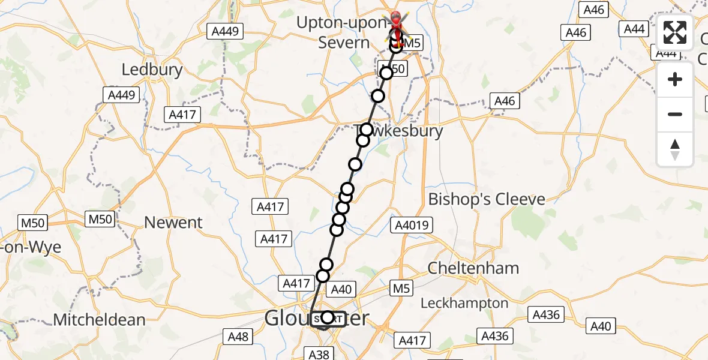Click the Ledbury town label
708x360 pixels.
click(x=152, y=70)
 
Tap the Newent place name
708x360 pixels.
click(x=173, y=223)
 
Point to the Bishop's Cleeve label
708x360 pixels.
click(x=487, y=199)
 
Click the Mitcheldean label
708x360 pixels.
click(x=99, y=320)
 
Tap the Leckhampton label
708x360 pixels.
click(x=464, y=304)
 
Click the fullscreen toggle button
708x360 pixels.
click(x=675, y=33)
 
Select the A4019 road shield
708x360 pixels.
click(x=411, y=226)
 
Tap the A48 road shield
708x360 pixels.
click(x=238, y=337)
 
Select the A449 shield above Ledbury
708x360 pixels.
click(x=224, y=32)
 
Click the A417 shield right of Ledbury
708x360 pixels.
click(x=182, y=115)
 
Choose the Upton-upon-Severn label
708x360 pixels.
click(x=344, y=33)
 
